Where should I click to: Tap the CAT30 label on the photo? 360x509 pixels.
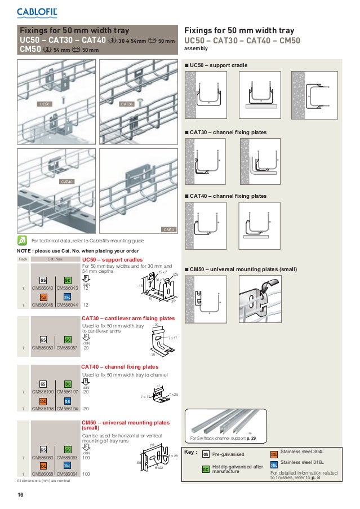(127, 104)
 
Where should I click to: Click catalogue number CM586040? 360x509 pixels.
(42, 289)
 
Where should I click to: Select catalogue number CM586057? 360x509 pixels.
(66, 347)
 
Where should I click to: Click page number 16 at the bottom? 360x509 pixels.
(20, 495)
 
